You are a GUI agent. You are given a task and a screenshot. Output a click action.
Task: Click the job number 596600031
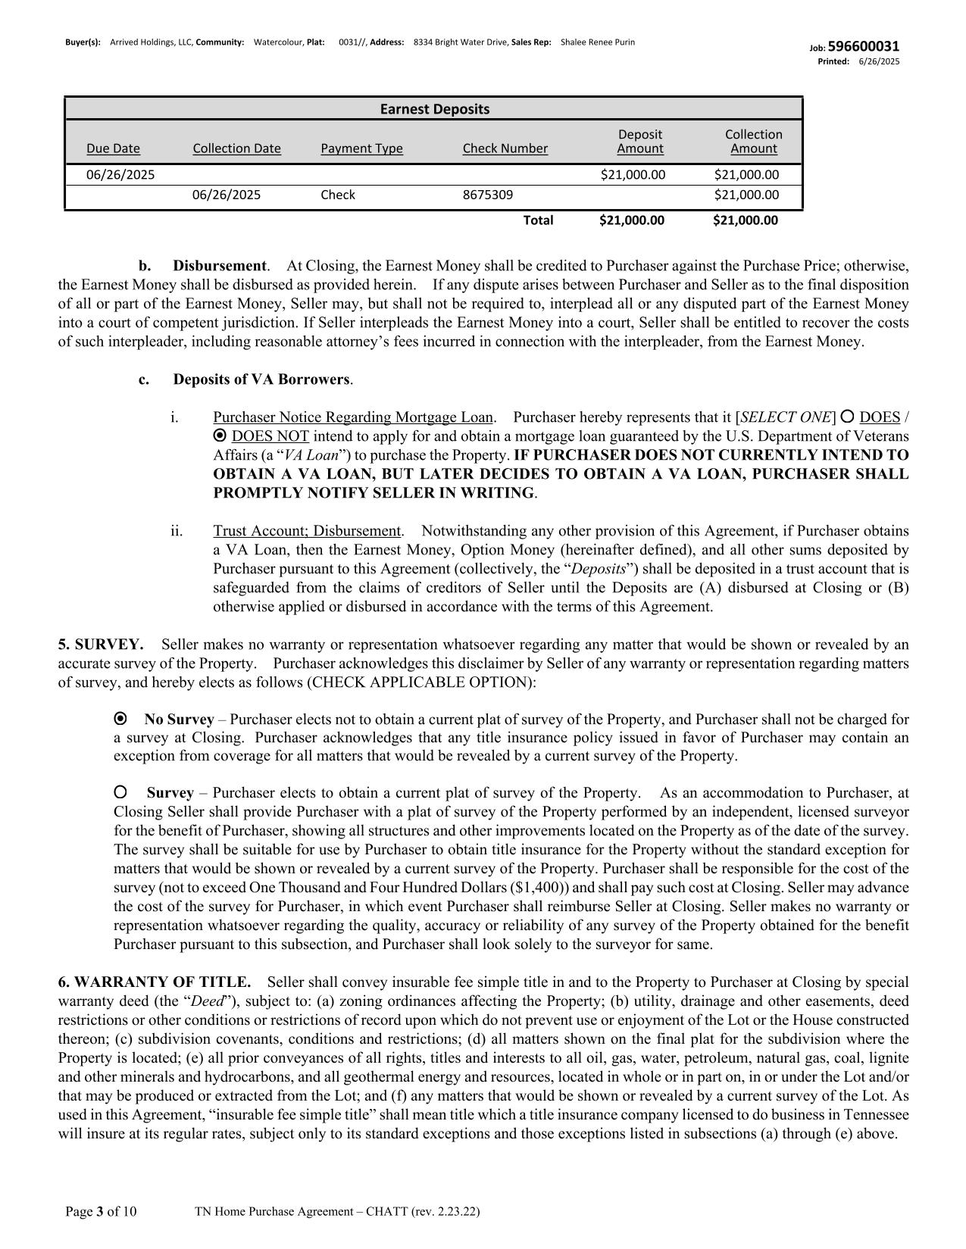pyautogui.click(x=864, y=47)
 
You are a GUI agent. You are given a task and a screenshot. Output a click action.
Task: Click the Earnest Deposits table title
pyautogui.click(x=434, y=109)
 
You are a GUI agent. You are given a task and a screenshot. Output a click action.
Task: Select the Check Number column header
pyautogui.click(x=505, y=148)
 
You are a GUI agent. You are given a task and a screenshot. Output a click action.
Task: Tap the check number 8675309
pyautogui.click(x=487, y=195)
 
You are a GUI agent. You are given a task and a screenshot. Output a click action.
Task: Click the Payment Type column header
pyautogui.click(x=361, y=148)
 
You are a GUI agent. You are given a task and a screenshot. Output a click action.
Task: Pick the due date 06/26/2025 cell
pyautogui.click(x=120, y=175)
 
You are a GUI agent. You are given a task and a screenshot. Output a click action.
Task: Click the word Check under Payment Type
pyautogui.click(x=338, y=195)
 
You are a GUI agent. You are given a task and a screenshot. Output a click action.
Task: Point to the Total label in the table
pyautogui.click(x=538, y=220)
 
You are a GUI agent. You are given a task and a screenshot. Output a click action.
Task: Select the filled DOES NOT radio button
pyautogui.click(x=220, y=436)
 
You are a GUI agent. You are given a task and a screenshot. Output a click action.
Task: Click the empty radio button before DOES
pyautogui.click(x=848, y=416)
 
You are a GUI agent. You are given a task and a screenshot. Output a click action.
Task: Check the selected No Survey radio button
pyautogui.click(x=120, y=718)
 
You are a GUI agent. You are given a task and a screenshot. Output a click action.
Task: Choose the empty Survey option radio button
pyautogui.click(x=120, y=792)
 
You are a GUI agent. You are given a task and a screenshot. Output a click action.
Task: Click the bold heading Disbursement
pyautogui.click(x=220, y=266)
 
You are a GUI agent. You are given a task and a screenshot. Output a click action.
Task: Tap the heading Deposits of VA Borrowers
pyautogui.click(x=261, y=379)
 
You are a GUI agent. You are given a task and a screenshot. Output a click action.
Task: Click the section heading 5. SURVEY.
pyautogui.click(x=101, y=645)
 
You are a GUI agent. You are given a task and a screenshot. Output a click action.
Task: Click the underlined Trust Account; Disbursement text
pyautogui.click(x=307, y=531)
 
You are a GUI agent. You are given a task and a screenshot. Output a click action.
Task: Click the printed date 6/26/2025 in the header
pyautogui.click(x=879, y=61)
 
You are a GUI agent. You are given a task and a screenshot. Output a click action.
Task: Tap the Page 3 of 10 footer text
pyautogui.click(x=102, y=1212)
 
